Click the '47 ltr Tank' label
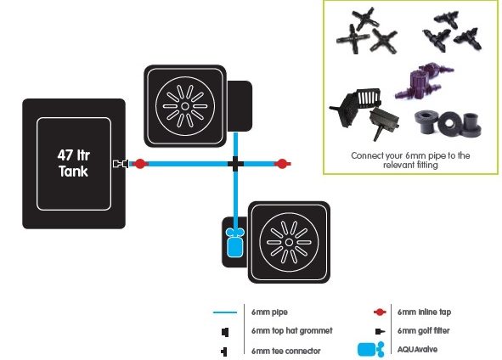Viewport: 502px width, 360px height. [x=74, y=163]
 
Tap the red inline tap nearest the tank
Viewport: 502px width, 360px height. [x=140, y=164]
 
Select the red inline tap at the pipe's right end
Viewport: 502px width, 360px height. [x=282, y=164]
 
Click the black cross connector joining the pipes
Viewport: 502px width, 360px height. [x=235, y=164]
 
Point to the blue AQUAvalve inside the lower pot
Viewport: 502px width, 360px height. [x=234, y=242]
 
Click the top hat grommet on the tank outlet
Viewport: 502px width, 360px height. [x=121, y=164]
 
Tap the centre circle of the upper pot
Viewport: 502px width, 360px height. [x=184, y=106]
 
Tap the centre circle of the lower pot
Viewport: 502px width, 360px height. [x=289, y=242]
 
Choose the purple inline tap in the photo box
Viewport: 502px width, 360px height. [x=423, y=80]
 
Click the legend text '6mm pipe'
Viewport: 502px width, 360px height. [x=269, y=312]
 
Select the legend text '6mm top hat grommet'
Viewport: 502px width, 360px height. [x=292, y=330]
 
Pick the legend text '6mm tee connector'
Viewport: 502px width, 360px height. [x=286, y=351]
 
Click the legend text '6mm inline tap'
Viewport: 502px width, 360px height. [x=424, y=312]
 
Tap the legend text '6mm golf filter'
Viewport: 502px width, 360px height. [x=424, y=330]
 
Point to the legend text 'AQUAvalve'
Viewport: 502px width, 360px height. [x=417, y=350]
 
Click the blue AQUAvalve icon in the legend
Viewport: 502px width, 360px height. [x=370, y=349]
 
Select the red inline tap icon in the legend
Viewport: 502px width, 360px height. [x=380, y=312]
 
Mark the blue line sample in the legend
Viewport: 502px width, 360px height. [x=225, y=312]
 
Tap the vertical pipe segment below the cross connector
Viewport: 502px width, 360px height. [x=235, y=200]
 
